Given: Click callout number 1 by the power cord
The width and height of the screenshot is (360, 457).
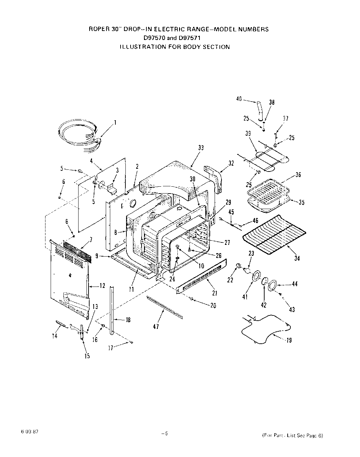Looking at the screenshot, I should click(115, 122).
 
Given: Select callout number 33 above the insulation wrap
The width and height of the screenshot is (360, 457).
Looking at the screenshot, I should click(201, 148).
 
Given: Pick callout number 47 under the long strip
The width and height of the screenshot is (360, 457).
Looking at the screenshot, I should click(156, 327).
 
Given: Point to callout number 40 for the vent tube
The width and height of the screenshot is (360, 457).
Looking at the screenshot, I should click(239, 99).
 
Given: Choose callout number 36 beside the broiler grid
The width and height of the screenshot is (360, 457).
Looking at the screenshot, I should click(298, 175).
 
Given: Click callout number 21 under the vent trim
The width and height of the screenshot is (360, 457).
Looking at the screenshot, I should click(215, 293).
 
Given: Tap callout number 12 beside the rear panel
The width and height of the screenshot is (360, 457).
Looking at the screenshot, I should click(102, 286).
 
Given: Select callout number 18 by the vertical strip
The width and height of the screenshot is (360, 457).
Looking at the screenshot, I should click(128, 320).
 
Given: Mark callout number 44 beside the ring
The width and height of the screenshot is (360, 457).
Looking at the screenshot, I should click(295, 284).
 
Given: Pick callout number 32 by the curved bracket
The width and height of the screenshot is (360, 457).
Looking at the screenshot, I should click(231, 163).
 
